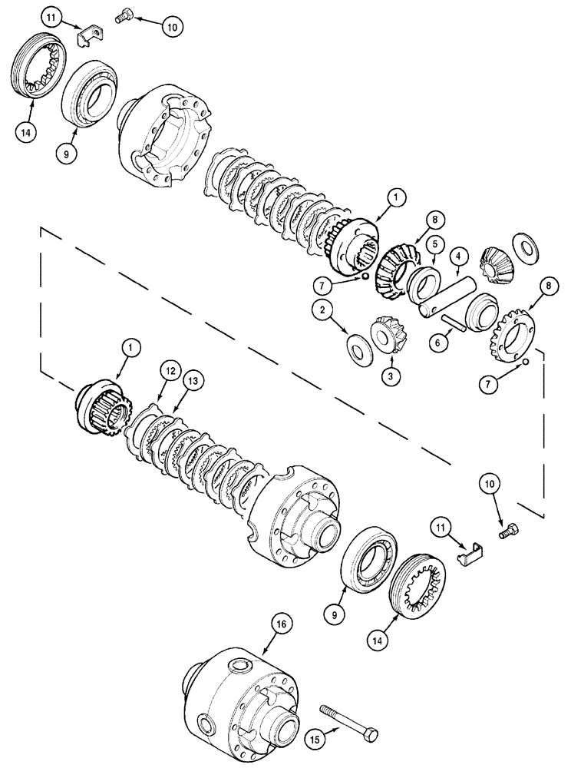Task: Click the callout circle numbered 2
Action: pyautogui.click(x=324, y=310)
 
